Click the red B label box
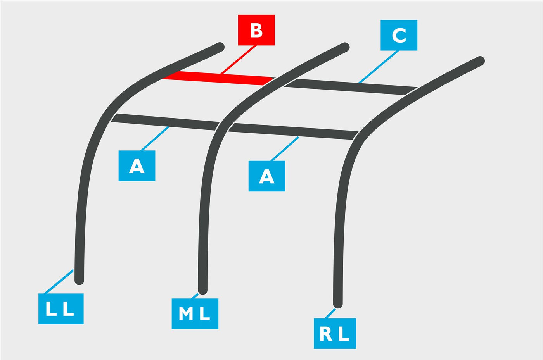click(256, 30)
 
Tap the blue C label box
click(399, 35)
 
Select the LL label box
click(61, 308)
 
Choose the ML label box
click(195, 314)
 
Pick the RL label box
click(335, 333)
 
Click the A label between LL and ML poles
click(137, 166)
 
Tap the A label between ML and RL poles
click(267, 176)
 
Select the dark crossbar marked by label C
click(351, 87)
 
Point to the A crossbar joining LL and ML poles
click(165, 122)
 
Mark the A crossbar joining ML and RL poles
click(293, 131)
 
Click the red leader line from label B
click(238, 60)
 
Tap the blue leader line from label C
click(379, 67)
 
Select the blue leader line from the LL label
click(59, 281)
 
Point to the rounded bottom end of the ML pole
click(202, 291)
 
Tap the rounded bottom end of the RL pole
click(338, 304)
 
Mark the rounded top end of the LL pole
click(220, 47)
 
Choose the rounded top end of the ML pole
click(345, 47)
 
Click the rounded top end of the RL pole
click(480, 60)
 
